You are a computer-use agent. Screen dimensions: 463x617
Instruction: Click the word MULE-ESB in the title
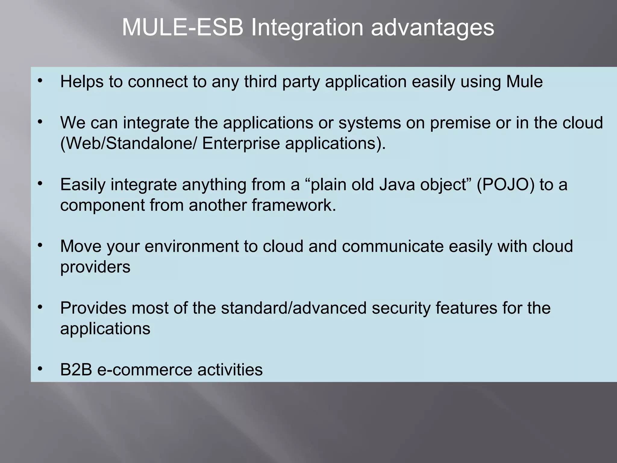click(183, 28)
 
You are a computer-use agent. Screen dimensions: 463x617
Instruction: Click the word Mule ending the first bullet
click(524, 82)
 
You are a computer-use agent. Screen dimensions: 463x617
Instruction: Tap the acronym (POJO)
click(506, 185)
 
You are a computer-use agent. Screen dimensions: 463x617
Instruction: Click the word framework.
click(294, 205)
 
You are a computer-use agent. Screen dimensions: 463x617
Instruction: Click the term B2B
click(76, 370)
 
